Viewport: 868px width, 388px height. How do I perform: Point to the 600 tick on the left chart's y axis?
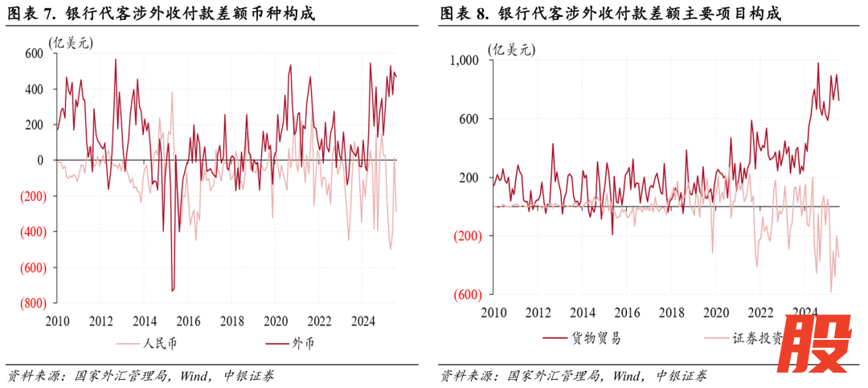click(33, 53)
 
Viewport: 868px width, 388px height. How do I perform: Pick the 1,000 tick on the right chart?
click(464, 60)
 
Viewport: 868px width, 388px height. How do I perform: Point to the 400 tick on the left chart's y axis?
click(33, 89)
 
